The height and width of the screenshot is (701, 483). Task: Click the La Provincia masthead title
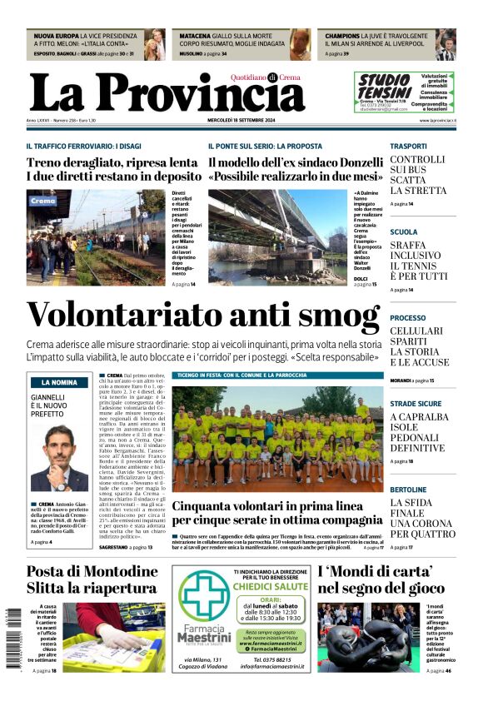[167, 93]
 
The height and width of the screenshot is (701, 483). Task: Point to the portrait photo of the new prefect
[58, 459]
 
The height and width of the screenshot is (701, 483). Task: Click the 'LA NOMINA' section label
[59, 382]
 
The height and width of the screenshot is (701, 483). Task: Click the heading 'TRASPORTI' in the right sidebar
[409, 146]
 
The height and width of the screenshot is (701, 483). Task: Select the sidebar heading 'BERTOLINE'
[409, 490]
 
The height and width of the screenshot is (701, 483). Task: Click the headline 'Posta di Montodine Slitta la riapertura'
[92, 579]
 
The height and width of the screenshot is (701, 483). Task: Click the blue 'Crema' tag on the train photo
[42, 201]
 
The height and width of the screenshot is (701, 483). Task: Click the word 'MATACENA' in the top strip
[195, 37]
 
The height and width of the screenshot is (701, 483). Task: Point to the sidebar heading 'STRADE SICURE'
[416, 404]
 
